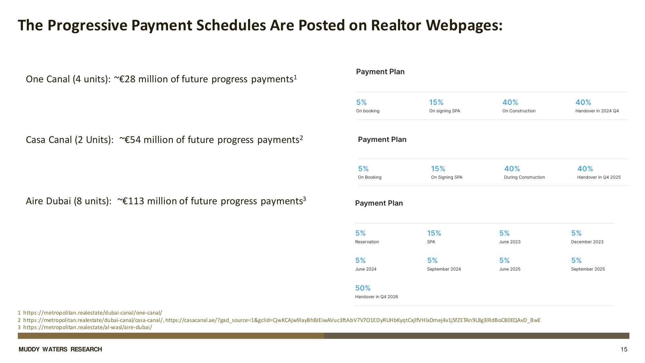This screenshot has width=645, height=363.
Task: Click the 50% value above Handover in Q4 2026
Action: pyautogui.click(x=363, y=288)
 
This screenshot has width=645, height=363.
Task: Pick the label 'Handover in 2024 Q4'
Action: pyautogui.click(x=597, y=111)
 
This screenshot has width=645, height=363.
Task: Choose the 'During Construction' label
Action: pyautogui.click(x=524, y=177)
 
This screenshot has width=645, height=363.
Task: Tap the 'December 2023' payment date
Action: pyautogui.click(x=587, y=242)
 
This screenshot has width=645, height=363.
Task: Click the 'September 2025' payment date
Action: pyautogui.click(x=588, y=269)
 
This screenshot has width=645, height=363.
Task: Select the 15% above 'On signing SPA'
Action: pyautogui.click(x=436, y=102)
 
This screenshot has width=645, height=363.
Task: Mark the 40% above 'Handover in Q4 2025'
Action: pyautogui.click(x=585, y=169)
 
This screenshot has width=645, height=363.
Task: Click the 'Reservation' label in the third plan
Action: pyautogui.click(x=367, y=242)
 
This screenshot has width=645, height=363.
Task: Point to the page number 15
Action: pyautogui.click(x=624, y=349)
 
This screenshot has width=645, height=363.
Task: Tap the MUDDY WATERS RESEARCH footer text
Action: pyautogui.click(x=60, y=349)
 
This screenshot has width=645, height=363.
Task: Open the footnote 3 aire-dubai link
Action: pyautogui.click(x=88, y=327)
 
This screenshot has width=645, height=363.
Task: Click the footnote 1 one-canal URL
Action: pyautogui.click(x=93, y=313)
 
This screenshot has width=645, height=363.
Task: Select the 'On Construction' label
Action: pyautogui.click(x=519, y=111)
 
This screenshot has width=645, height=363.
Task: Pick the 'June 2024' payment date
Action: pyautogui.click(x=366, y=269)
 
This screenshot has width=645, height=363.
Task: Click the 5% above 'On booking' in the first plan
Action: pyautogui.click(x=362, y=102)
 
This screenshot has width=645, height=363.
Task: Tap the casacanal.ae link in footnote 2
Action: pyautogui.click(x=353, y=320)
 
